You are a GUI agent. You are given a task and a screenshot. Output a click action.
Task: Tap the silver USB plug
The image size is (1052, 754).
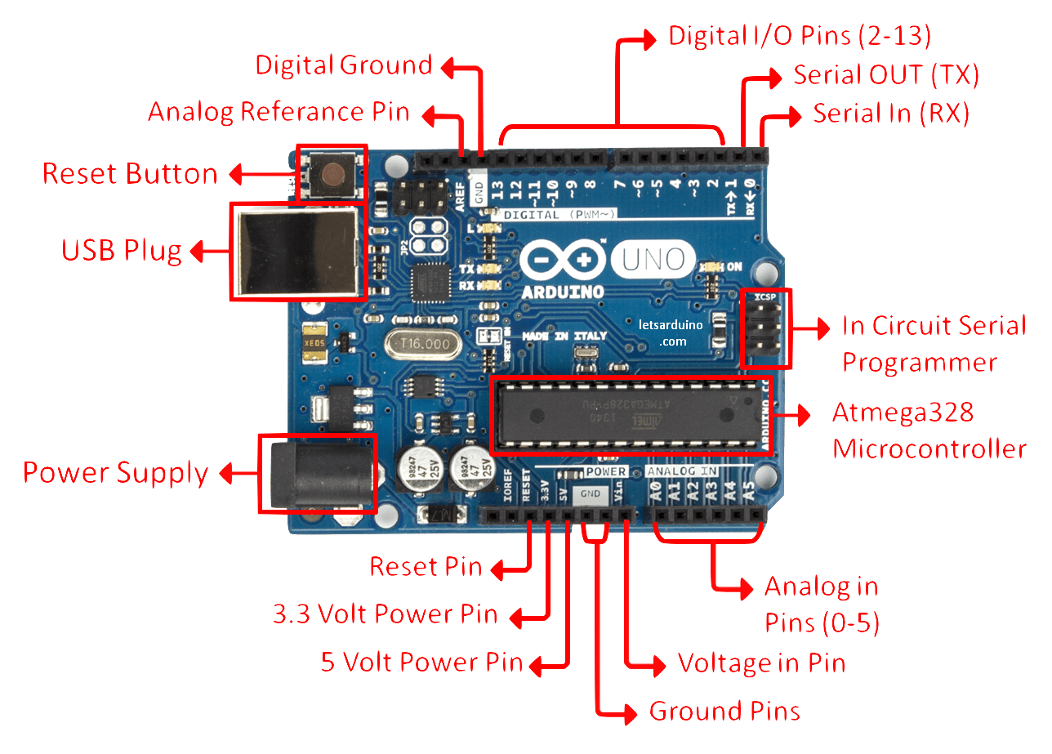297,251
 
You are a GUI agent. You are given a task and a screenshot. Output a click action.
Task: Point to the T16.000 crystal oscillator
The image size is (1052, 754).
420,346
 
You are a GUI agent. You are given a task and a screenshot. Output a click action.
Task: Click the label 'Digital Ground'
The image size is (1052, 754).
344,65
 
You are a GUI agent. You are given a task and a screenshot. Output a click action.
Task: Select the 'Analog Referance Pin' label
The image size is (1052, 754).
279,112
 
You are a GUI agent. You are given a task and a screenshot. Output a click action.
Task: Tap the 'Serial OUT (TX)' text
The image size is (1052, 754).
886,76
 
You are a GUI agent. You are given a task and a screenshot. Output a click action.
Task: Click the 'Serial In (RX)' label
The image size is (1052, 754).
891,114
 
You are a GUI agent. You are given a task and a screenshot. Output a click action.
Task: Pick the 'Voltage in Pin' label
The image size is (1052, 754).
761,663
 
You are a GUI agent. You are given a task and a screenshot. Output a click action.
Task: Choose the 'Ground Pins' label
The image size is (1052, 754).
724,711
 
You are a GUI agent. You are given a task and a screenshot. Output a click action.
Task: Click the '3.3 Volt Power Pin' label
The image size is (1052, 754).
386,613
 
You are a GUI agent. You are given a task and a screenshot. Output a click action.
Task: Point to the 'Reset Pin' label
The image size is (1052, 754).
426,566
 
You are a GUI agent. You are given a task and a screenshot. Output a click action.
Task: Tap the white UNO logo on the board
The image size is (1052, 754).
653,259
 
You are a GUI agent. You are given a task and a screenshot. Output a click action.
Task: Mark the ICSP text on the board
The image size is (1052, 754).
767,298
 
